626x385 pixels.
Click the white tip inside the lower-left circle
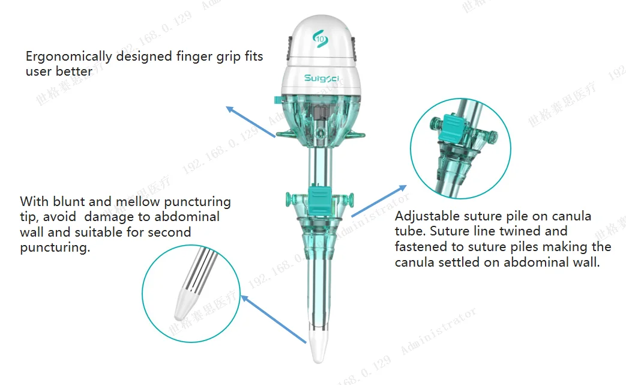183,307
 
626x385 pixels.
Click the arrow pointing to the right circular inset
378,200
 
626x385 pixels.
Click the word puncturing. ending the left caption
55,247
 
